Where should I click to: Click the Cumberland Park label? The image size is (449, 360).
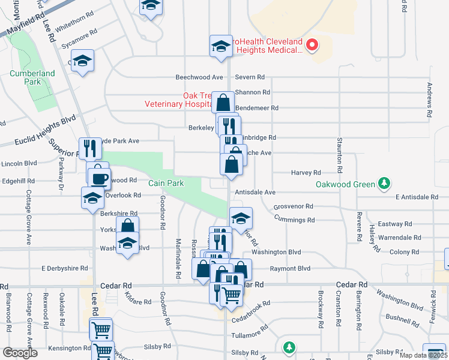click(x=32, y=78)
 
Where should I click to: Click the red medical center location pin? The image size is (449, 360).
click(x=312, y=44)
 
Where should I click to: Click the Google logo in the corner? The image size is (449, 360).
click(x=20, y=353)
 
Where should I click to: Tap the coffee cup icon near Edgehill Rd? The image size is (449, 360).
click(x=100, y=178)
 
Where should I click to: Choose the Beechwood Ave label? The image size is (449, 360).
click(x=199, y=77)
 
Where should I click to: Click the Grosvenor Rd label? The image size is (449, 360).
click(x=294, y=206)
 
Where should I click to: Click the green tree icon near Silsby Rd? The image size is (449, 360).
click(x=289, y=347)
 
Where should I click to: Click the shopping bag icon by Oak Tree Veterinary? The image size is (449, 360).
click(x=223, y=103)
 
